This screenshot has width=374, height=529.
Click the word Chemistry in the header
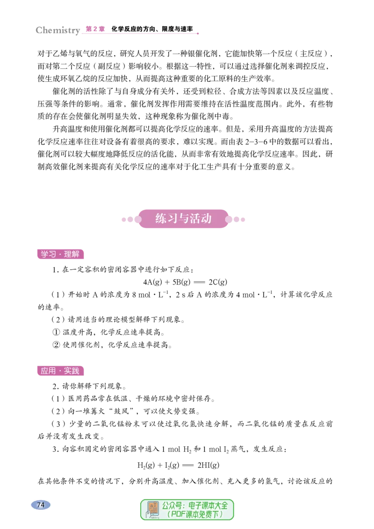[58, 30]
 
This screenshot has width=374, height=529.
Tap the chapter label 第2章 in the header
[95, 29]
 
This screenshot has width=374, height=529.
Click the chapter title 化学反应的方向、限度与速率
[152, 29]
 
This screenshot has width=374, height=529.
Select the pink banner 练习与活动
[183, 219]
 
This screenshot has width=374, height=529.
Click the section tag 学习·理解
[60, 254]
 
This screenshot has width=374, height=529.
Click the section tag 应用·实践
[60, 371]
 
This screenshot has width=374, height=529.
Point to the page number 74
[41, 505]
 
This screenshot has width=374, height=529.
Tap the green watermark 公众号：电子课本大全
[195, 506]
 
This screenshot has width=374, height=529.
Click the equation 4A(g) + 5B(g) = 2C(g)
[185, 282]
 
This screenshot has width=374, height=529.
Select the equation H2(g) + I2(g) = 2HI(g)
[178, 465]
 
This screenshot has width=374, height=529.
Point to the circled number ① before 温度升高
[57, 332]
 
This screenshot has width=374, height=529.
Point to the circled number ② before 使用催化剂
[57, 345]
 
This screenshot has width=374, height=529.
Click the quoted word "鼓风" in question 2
[122, 411]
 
